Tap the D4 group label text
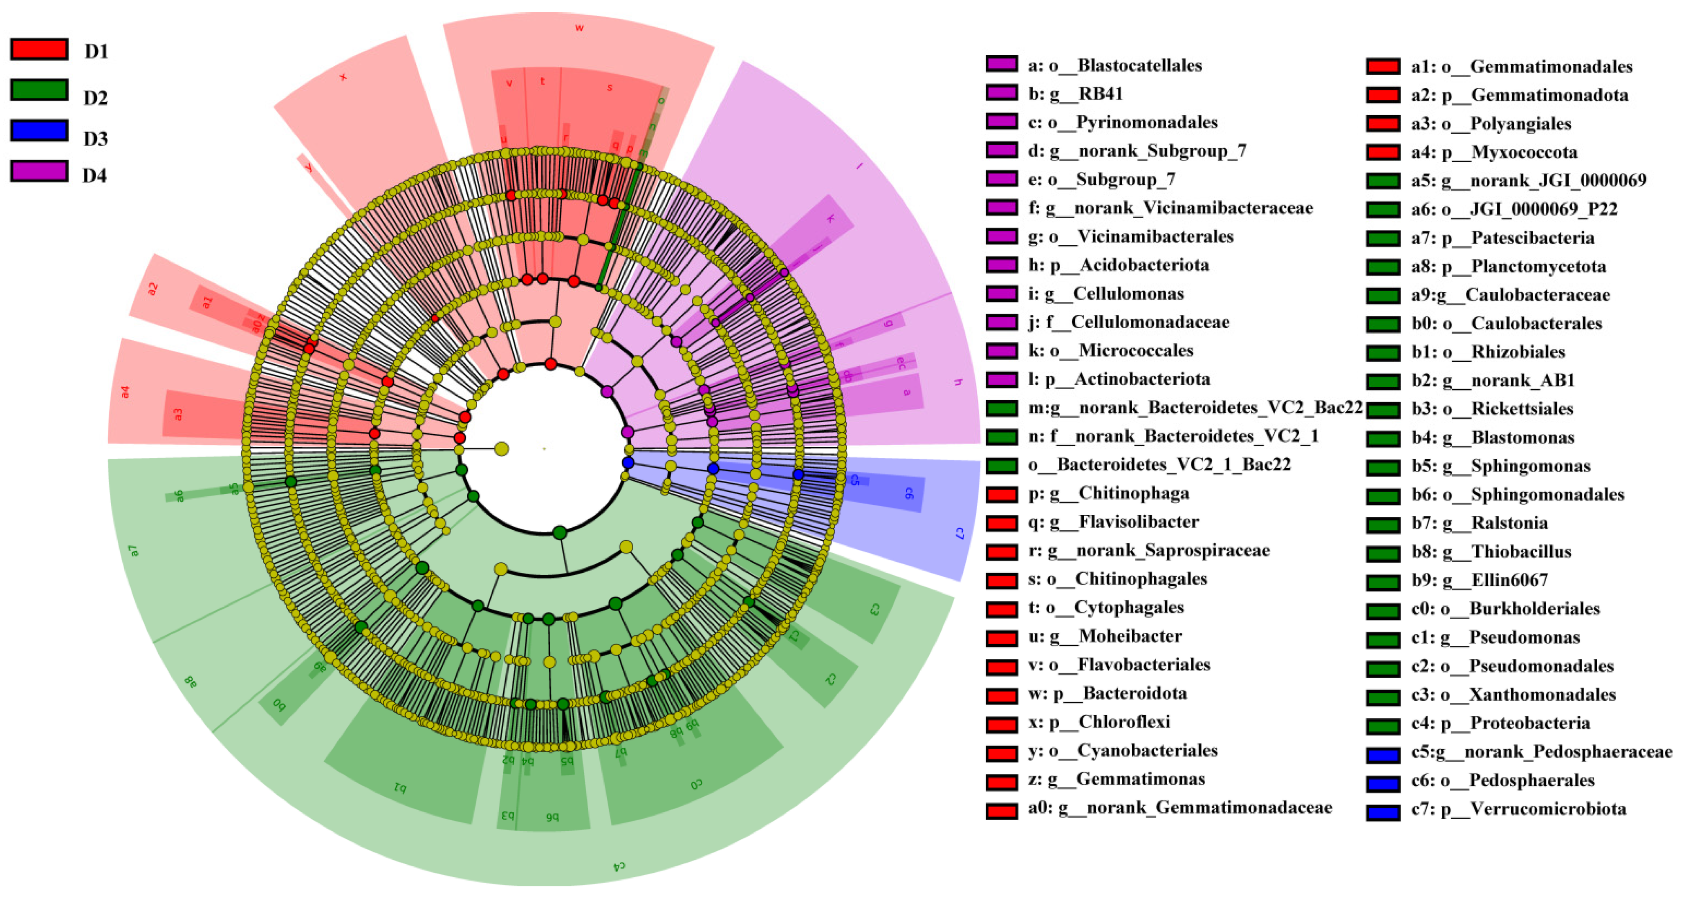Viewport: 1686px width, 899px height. click(x=94, y=175)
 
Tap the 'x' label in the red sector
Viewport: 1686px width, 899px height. click(x=343, y=77)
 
